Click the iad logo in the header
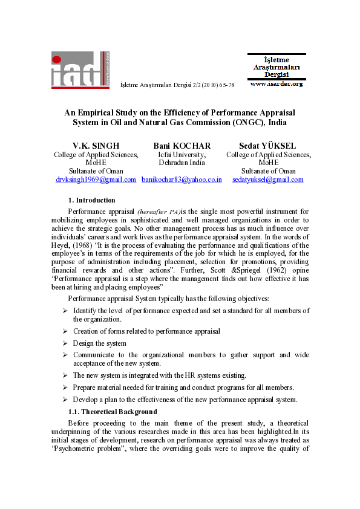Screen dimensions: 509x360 pos(80,71)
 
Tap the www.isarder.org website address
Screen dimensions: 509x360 pos(276,84)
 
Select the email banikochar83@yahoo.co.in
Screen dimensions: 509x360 pos(182,180)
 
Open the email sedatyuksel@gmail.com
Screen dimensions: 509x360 pos(268,180)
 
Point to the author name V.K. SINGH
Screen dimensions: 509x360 pos(96,146)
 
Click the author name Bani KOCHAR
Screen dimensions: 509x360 pos(182,146)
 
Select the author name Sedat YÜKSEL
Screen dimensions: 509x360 pos(268,146)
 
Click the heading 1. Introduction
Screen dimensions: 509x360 pos(91,200)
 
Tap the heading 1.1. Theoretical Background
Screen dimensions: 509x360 pos(113,411)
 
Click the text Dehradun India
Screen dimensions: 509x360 pos(182,163)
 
